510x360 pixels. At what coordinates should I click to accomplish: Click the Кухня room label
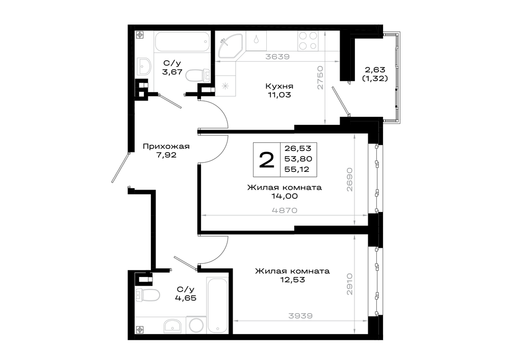click(x=279, y=86)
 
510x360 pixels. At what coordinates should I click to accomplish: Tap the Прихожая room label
click(x=166, y=146)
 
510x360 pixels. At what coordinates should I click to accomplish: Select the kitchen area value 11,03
click(x=279, y=95)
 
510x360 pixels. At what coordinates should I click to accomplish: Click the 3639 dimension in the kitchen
click(x=277, y=57)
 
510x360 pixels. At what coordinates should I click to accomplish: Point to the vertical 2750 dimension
click(x=320, y=78)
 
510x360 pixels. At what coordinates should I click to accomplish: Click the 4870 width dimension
click(x=285, y=211)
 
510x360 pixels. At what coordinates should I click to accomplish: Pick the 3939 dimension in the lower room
click(x=300, y=316)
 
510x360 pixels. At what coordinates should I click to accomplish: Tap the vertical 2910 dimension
click(x=350, y=284)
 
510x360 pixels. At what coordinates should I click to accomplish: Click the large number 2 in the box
click(x=267, y=160)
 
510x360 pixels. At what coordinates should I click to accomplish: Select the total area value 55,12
click(x=297, y=169)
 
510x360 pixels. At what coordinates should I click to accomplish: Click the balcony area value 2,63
click(x=375, y=69)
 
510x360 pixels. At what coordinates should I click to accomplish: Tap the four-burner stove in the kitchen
click(x=308, y=41)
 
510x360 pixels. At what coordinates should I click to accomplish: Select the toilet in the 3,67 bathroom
click(x=198, y=75)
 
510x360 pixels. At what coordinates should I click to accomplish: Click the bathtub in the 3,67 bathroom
click(x=182, y=41)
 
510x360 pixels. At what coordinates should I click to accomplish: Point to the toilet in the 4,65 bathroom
click(x=148, y=295)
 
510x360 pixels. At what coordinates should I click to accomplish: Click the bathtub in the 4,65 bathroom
click(x=217, y=305)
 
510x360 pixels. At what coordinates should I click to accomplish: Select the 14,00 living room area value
click(x=285, y=196)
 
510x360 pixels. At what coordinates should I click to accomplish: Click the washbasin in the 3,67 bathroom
click(x=144, y=66)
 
